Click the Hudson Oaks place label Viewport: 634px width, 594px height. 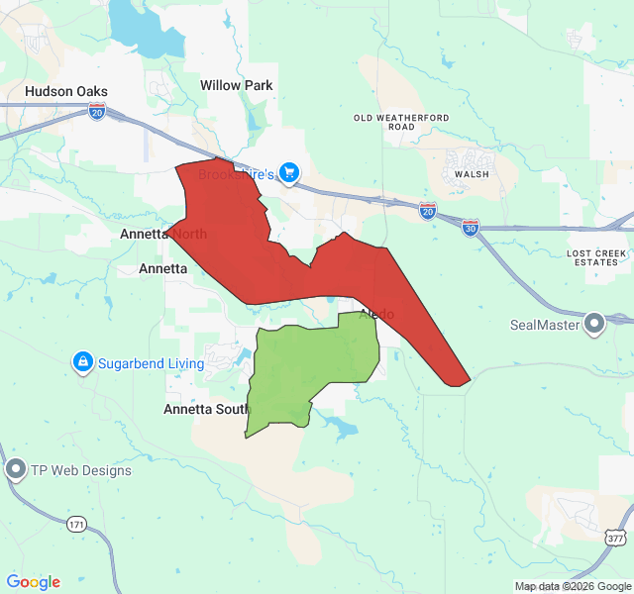tap(66, 91)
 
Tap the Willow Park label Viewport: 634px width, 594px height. tap(236, 85)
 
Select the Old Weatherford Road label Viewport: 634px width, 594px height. tap(401, 122)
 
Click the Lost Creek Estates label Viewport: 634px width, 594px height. tap(597, 258)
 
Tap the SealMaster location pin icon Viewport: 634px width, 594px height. tap(594, 324)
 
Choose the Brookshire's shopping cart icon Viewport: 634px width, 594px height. tap(288, 174)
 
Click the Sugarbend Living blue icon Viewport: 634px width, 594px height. tap(83, 363)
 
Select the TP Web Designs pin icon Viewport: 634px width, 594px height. tap(15, 470)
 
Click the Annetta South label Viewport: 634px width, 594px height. tap(207, 409)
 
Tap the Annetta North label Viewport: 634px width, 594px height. tap(163, 235)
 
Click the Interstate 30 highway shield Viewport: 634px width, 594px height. tap(471, 227)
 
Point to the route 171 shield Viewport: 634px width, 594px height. tap(77, 524)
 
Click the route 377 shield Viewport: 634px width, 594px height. tap(616, 538)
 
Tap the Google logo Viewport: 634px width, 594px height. tap(33, 582)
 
